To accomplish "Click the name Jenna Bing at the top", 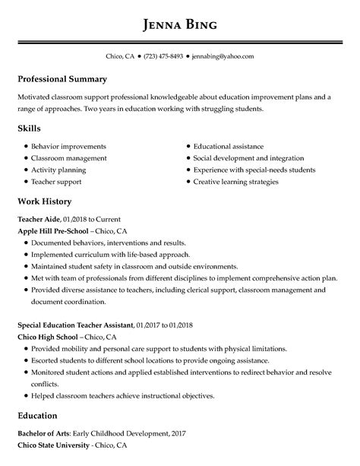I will pos(180,24).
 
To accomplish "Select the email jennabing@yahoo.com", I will pos(223,56).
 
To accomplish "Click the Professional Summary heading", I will pos(62,79).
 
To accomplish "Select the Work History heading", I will pos(44,201).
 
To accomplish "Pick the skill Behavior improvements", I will pos(68,146).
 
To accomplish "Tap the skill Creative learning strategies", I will pos(235,182).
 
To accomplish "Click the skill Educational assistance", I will pos(228,146).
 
